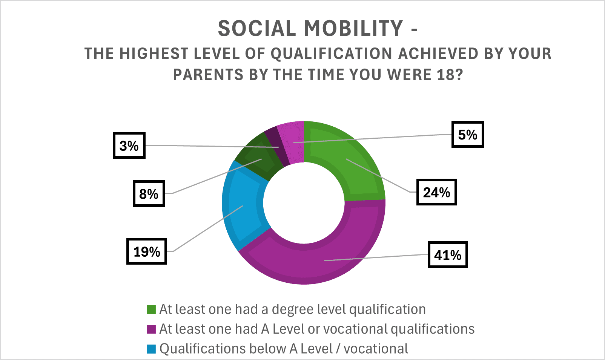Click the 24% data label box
[x=436, y=192]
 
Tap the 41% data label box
[x=448, y=254]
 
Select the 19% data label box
[x=147, y=251]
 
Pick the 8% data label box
[x=149, y=193]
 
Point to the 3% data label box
[x=129, y=146]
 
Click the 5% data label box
[x=468, y=135]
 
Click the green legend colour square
[x=151, y=309]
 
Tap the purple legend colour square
[x=151, y=329]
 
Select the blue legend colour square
[x=151, y=349]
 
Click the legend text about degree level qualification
[x=293, y=309]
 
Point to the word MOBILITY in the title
[x=353, y=28]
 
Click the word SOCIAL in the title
[x=257, y=28]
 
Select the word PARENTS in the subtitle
[x=208, y=75]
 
